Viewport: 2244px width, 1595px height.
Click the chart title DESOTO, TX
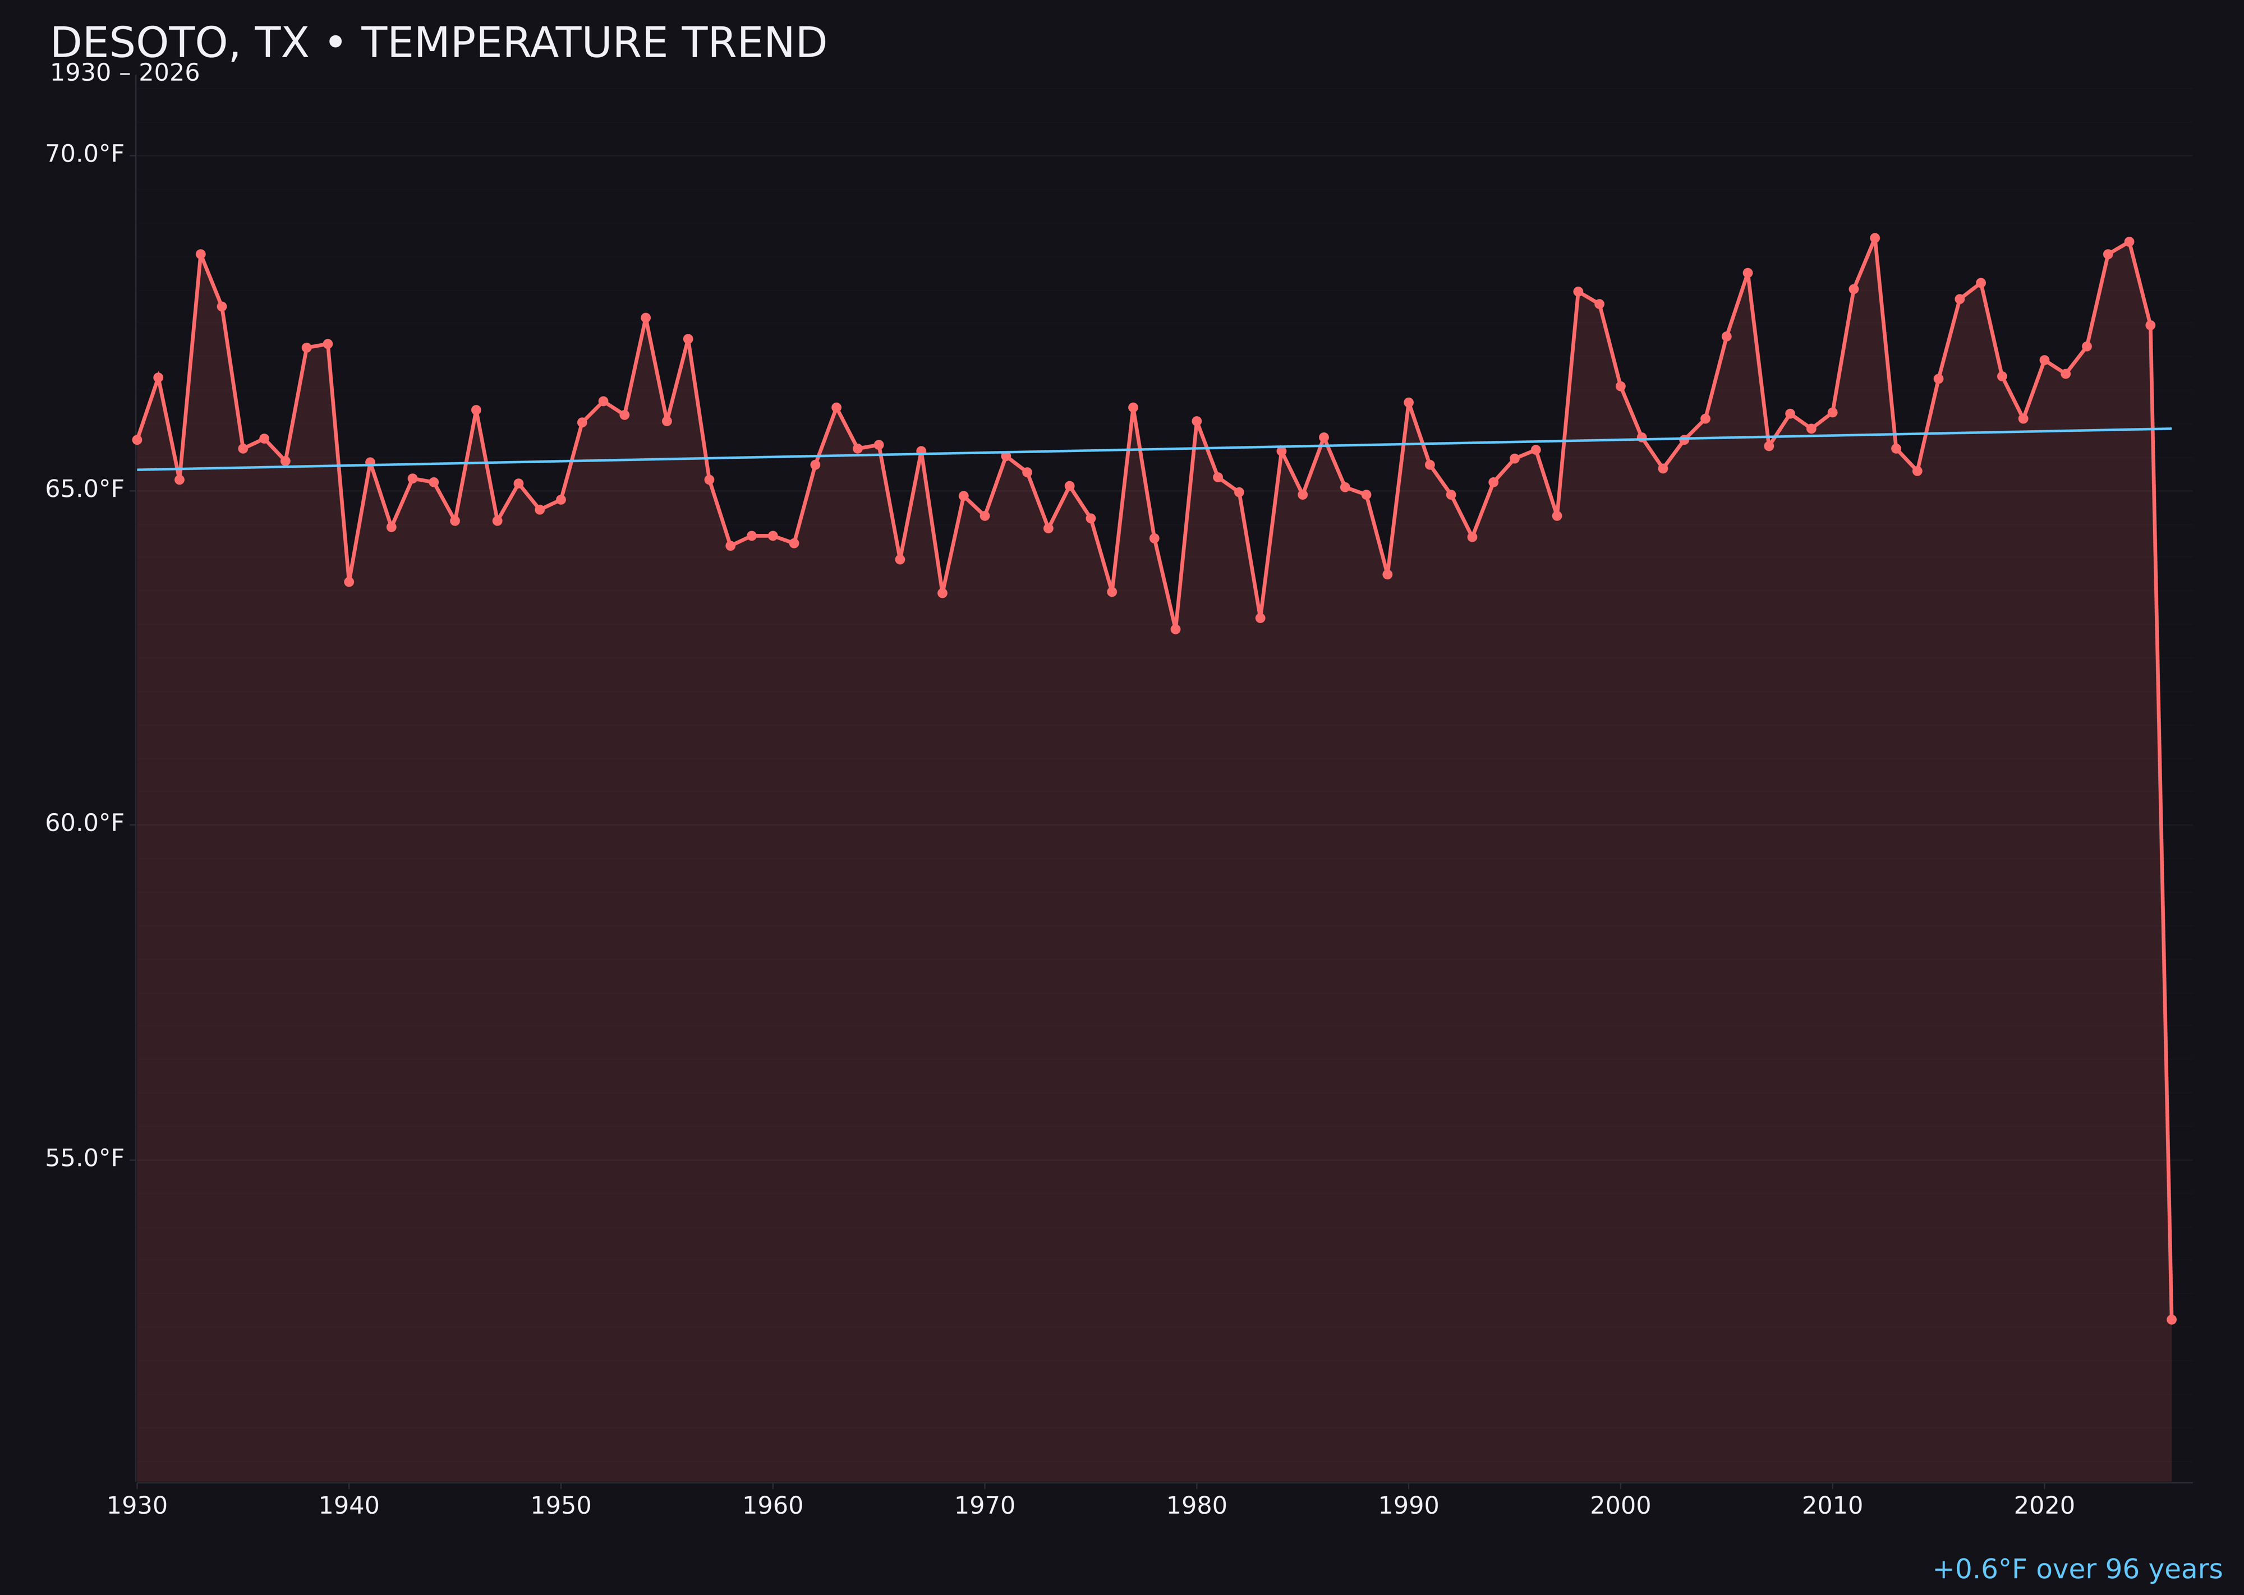(438, 43)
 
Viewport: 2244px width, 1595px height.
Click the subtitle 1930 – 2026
(125, 73)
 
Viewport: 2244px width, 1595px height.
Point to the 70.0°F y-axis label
(85, 154)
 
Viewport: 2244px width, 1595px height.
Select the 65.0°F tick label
(85, 489)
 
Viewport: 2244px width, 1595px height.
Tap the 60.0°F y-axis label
(85, 823)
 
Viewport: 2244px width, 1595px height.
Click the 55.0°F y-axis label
(85, 1159)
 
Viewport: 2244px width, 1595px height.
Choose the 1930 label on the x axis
(136, 1506)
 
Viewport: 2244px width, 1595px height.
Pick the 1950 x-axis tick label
(561, 1506)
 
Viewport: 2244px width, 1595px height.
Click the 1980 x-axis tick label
(1197, 1506)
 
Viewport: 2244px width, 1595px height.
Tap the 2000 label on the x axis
(1620, 1506)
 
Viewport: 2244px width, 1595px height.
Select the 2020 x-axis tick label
(2044, 1506)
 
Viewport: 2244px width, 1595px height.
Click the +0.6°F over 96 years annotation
(2077, 1569)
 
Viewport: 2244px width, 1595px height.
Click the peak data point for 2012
(1875, 238)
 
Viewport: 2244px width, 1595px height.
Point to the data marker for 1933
(200, 255)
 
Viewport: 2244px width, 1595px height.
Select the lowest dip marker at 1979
(1176, 629)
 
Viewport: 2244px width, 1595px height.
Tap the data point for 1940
(349, 582)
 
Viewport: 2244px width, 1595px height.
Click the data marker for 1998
(1578, 292)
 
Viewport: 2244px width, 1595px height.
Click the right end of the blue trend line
(2171, 428)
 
